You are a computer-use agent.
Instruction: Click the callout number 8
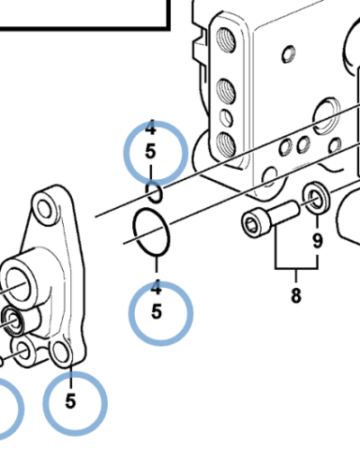(296, 295)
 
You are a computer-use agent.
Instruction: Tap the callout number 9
(318, 240)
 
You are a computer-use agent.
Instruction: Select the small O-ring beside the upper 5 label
(154, 193)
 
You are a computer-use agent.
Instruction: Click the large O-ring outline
(151, 232)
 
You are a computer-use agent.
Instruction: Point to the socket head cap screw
(271, 219)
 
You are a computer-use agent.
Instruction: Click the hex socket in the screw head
(251, 224)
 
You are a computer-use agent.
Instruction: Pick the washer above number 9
(316, 198)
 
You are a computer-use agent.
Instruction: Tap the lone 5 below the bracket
(70, 401)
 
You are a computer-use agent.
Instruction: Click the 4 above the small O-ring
(150, 128)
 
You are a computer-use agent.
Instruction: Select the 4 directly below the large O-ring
(157, 287)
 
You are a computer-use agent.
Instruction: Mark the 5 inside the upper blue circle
(150, 151)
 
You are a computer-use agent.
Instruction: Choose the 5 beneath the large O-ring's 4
(157, 311)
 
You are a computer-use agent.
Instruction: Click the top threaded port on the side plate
(226, 40)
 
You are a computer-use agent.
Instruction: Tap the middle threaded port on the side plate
(226, 91)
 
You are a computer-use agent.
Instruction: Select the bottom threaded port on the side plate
(226, 144)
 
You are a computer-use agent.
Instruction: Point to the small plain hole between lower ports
(226, 118)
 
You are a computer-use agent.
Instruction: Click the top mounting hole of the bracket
(44, 207)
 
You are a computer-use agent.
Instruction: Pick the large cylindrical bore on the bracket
(19, 285)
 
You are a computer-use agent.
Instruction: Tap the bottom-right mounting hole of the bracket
(61, 352)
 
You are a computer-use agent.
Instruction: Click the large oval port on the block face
(326, 117)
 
